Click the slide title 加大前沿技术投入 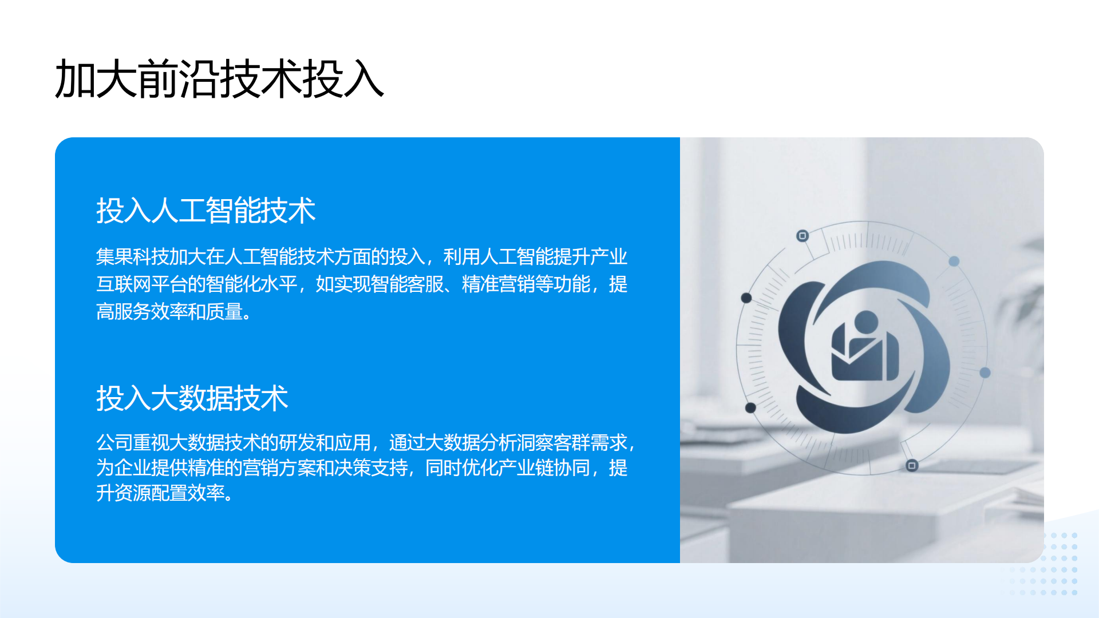[219, 79]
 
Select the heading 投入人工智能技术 [206, 210]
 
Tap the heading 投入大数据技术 [192, 398]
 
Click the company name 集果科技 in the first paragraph [132, 256]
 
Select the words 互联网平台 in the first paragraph [141, 284]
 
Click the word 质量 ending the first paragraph [224, 311]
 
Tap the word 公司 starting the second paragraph [114, 442]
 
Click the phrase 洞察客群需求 [572, 442]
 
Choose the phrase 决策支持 [371, 468]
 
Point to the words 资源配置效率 [169, 493]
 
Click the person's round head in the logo [865, 322]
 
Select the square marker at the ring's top [802, 236]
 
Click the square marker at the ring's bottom [912, 465]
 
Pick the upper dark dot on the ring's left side [746, 298]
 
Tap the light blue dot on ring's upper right [954, 262]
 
